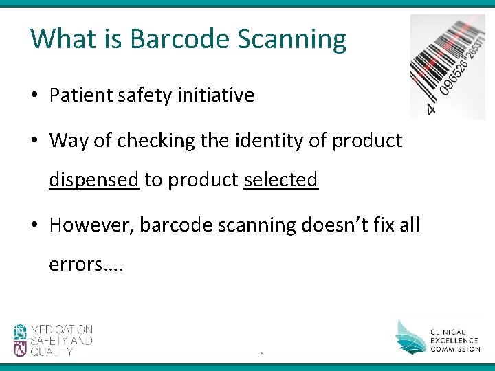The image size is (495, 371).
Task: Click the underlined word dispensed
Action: click(94, 180)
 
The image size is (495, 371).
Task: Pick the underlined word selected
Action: click(280, 180)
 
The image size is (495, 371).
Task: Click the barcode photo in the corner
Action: click(448, 66)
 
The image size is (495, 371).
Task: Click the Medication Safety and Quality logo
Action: click(53, 340)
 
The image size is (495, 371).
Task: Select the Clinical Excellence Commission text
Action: click(455, 340)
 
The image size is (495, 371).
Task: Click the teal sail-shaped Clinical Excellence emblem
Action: click(410, 336)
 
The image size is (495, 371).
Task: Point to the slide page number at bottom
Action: click(262, 354)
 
